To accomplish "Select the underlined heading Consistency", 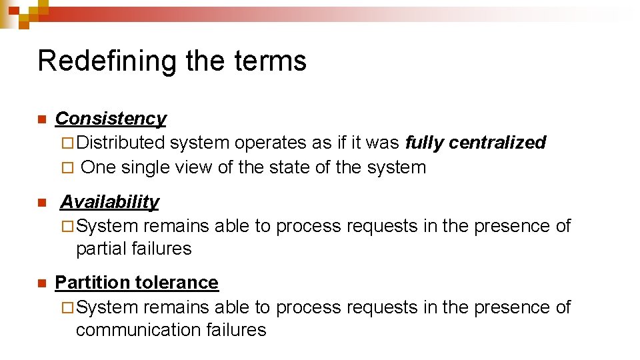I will click(111, 119).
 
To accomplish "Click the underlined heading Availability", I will click(110, 202).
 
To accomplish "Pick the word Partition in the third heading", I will click(93, 283).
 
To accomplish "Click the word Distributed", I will click(121, 143).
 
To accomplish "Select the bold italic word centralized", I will click(497, 143).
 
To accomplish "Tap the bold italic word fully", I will click(425, 143).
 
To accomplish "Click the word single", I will click(145, 167).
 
